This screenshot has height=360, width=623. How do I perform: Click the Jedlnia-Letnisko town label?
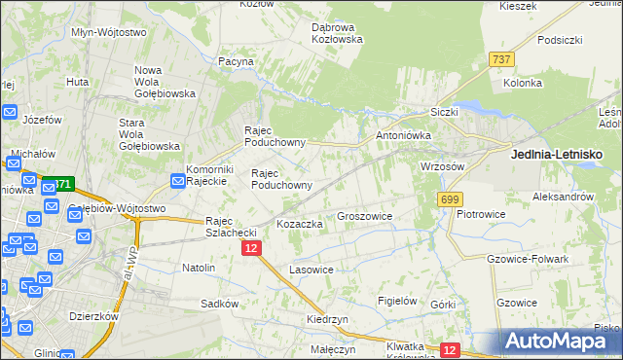(x=557, y=155)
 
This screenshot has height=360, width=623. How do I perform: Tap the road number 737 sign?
(x=502, y=60)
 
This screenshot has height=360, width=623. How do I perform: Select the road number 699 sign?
(x=449, y=199)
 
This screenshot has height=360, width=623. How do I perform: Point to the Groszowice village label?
(x=364, y=217)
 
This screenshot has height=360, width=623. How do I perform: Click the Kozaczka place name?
(x=300, y=225)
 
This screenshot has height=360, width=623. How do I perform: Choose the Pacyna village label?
(x=237, y=61)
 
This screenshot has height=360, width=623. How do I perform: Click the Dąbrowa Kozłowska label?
(x=337, y=33)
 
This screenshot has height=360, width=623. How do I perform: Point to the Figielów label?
(x=398, y=302)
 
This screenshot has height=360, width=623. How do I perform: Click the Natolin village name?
(x=199, y=267)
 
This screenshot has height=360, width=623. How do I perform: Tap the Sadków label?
(x=220, y=304)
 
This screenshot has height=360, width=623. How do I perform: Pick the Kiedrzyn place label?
(x=326, y=319)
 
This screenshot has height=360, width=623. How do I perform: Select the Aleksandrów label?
(x=564, y=197)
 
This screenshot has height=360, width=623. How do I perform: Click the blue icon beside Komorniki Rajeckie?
(x=178, y=180)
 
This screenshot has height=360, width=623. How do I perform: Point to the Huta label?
(x=78, y=83)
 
